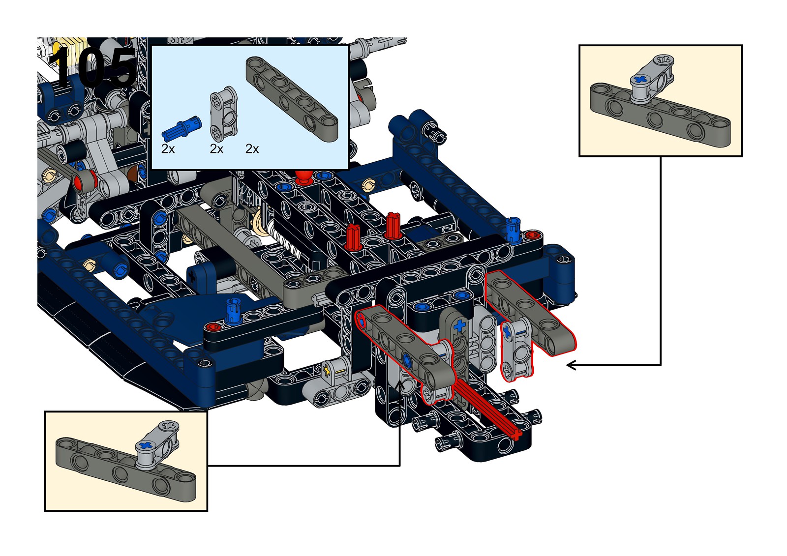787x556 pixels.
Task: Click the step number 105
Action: click(x=92, y=66)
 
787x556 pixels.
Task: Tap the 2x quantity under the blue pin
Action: click(x=168, y=149)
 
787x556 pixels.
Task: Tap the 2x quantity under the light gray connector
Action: click(x=216, y=149)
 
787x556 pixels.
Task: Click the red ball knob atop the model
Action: click(x=303, y=176)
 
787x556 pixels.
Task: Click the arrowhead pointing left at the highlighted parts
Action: click(x=571, y=365)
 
